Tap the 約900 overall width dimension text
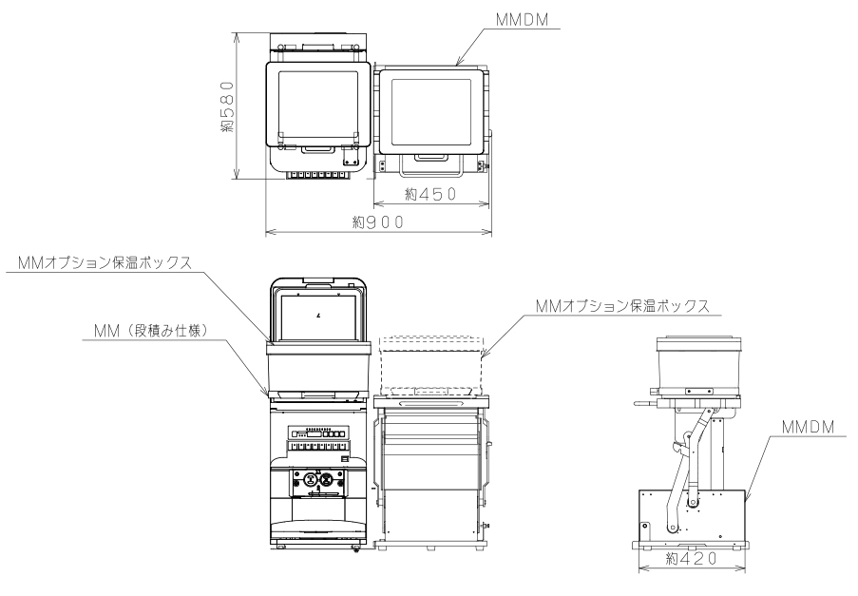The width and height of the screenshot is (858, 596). [377, 221]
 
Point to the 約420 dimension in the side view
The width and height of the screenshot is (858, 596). [691, 560]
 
